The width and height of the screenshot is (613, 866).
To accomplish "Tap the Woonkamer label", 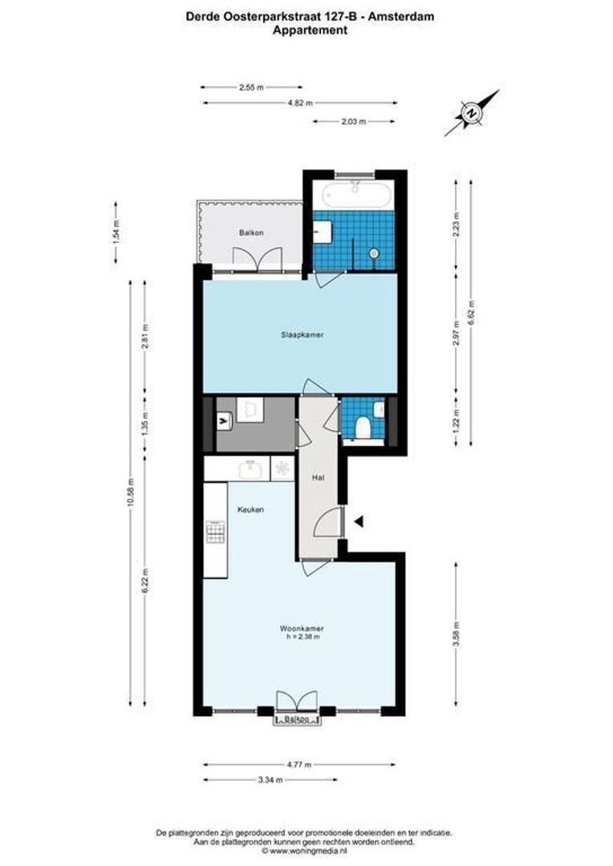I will point(302,628).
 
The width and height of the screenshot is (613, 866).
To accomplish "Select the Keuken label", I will point(250,509).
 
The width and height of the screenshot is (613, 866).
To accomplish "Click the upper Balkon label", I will point(250,233).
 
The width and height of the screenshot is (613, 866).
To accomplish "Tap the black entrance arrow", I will point(359,522).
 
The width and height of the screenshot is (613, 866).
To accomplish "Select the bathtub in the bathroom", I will point(354,195).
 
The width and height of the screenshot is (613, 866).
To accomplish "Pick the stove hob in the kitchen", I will point(215,531).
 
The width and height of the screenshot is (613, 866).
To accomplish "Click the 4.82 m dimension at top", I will point(300,103).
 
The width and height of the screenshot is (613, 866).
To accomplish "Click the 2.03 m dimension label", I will point(354,122).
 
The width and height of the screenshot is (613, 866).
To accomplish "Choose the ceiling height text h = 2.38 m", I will point(302,637).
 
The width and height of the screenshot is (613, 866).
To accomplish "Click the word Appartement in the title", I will point(310,30).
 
